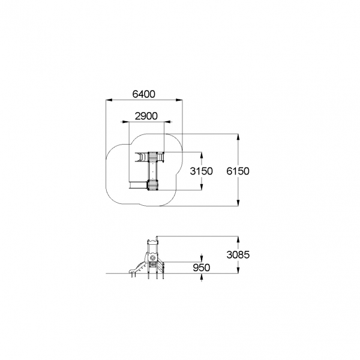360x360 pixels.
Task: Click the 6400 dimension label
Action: (144, 94)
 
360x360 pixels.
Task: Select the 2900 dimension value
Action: (146, 116)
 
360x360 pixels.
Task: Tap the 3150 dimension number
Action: (202, 171)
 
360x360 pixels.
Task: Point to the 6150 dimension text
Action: (238, 171)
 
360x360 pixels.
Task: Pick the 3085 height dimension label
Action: (238, 254)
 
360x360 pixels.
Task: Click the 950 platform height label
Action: (202, 268)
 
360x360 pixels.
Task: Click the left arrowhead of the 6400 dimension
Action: (109, 100)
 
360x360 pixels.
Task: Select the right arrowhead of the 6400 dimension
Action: (179, 100)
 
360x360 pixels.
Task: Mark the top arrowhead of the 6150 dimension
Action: (238, 137)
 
